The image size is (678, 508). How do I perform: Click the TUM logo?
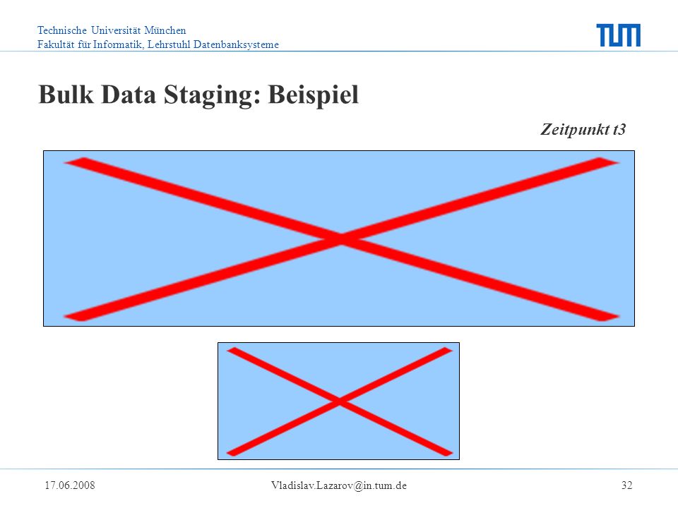[x=619, y=35]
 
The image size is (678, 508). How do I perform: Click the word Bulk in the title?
[x=66, y=94]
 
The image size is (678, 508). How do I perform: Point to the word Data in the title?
[x=129, y=94]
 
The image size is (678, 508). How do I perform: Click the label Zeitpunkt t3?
[x=583, y=129]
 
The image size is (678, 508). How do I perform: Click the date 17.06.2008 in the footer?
[x=70, y=485]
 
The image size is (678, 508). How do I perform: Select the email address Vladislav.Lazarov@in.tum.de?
[x=339, y=485]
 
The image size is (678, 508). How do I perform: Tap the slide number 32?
[x=627, y=485]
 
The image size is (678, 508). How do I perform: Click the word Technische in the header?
[x=62, y=30]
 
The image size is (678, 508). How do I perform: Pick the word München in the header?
[x=165, y=30]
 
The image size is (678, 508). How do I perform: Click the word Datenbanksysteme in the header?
[x=236, y=44]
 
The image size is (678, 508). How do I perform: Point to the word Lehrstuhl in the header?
[x=169, y=44]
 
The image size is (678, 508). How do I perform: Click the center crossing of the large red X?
[x=342, y=239]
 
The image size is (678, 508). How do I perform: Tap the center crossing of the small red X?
[x=340, y=401]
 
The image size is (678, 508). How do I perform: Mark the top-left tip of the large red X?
[x=65, y=162]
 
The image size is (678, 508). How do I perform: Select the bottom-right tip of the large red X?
[x=619, y=317]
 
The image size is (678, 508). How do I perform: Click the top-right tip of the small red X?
[x=452, y=350]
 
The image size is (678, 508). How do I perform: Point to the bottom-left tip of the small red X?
[x=227, y=453]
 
